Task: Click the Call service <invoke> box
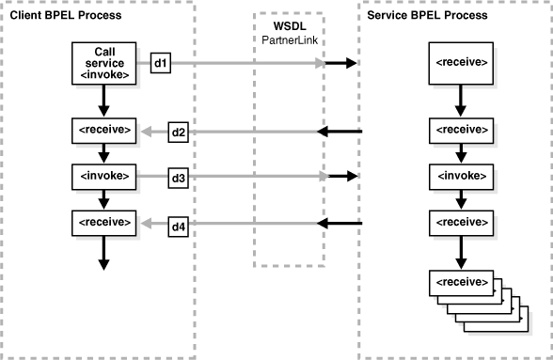[x=104, y=64]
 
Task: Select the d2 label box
[x=178, y=132]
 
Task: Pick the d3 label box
[x=178, y=176]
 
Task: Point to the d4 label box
[x=178, y=224]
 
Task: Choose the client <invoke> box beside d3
[x=104, y=176]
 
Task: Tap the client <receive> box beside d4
[x=104, y=223]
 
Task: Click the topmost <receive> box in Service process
[x=461, y=63]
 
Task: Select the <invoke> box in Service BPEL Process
[x=461, y=176]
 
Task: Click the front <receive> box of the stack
[x=460, y=282]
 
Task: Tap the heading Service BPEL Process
[x=429, y=16]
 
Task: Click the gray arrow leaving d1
[x=245, y=64]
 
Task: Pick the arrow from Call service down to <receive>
[x=104, y=98]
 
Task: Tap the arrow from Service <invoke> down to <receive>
[x=461, y=198]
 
